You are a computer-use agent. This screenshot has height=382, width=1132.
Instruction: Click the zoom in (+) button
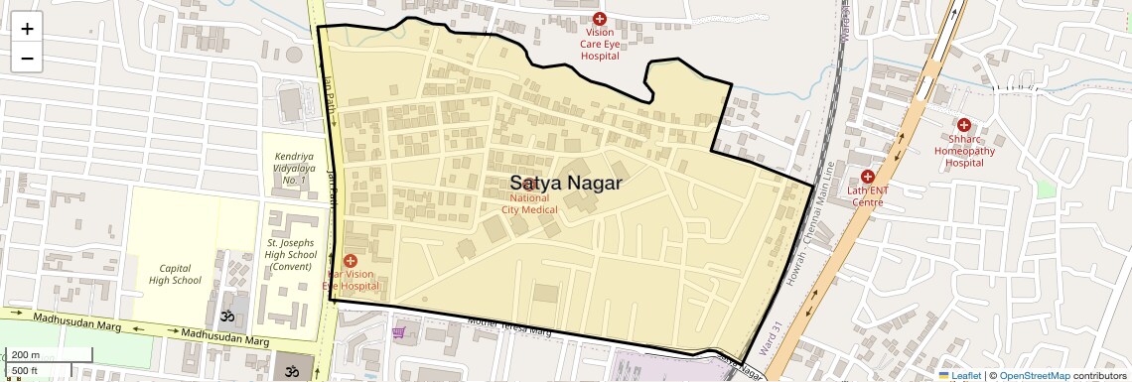[27, 29]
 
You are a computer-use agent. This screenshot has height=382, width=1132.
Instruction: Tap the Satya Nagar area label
[566, 184]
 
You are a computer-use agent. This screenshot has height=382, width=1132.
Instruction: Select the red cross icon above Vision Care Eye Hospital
[599, 19]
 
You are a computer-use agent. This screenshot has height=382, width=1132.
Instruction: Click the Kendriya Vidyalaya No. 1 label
[295, 169]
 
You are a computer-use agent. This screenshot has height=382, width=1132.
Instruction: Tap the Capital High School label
[175, 274]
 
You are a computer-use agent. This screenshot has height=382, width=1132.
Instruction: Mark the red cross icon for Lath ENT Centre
[867, 176]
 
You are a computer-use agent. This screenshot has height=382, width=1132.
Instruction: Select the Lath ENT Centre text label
[866, 195]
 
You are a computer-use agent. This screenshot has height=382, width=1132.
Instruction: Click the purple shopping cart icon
[399, 332]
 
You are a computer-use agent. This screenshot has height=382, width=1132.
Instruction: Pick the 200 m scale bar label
[26, 355]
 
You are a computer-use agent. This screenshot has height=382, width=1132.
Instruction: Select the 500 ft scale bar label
[26, 371]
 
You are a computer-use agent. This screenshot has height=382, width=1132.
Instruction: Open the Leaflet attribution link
[960, 375]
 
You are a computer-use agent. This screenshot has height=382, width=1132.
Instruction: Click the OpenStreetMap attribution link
[1034, 375]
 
